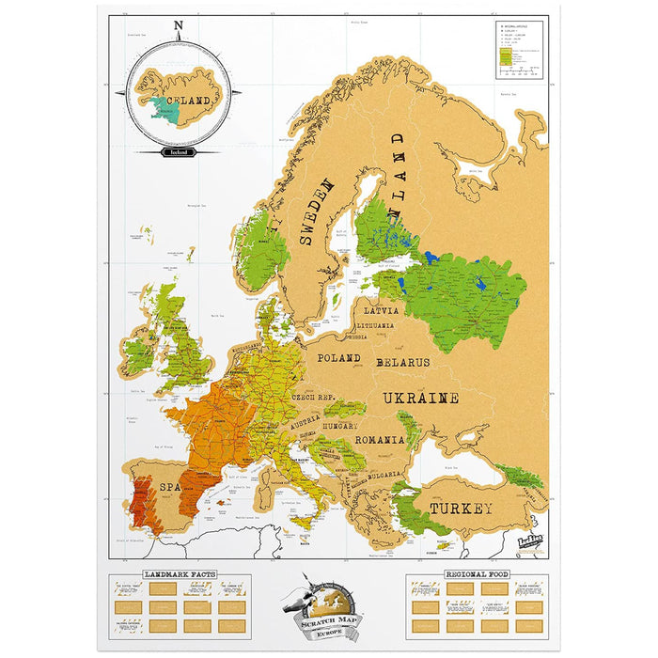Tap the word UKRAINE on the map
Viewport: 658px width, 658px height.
(420, 399)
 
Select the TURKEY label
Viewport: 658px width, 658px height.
(461, 509)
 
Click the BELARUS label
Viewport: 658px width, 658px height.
(402, 362)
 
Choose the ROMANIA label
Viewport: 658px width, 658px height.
(379, 439)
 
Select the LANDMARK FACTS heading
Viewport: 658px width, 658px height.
(180, 573)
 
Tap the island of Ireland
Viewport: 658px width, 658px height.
(138, 354)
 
